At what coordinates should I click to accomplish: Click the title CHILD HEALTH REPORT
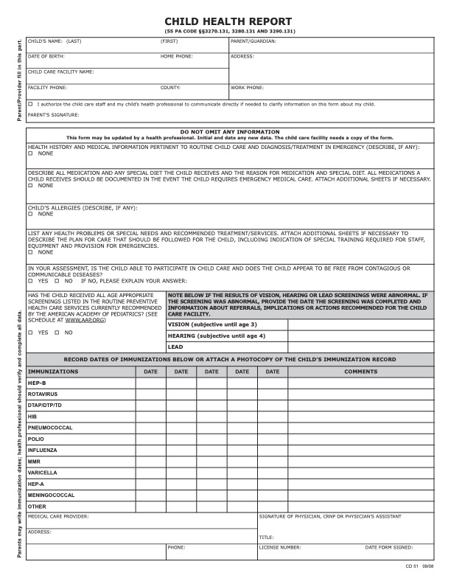tap(228, 22)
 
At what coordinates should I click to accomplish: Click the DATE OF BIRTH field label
tap(46, 56)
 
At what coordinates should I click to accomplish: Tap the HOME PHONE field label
tap(177, 56)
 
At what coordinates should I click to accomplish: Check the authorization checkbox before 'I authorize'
tap(30, 104)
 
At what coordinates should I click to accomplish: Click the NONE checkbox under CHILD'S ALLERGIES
tap(30, 214)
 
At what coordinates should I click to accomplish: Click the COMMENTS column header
tap(360, 372)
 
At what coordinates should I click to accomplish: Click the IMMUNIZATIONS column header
tap(53, 372)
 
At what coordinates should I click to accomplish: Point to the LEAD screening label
tap(175, 347)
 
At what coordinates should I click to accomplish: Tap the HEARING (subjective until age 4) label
tap(216, 336)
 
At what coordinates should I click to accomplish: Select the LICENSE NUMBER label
tap(280, 547)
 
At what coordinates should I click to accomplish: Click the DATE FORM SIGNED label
tap(389, 547)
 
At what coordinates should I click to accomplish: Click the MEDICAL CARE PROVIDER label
tap(58, 516)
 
